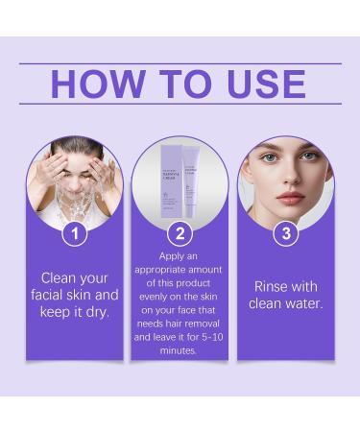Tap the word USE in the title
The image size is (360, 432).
[258, 84]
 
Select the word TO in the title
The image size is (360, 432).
[180, 84]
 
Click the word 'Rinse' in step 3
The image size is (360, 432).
[274, 286]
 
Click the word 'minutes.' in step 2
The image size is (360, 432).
[180, 351]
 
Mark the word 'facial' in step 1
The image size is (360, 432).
[49, 295]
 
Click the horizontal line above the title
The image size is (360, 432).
[180, 63]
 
